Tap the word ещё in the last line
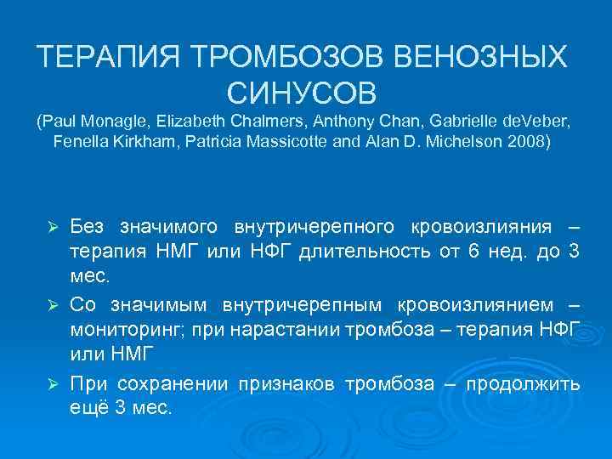point(85,408)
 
